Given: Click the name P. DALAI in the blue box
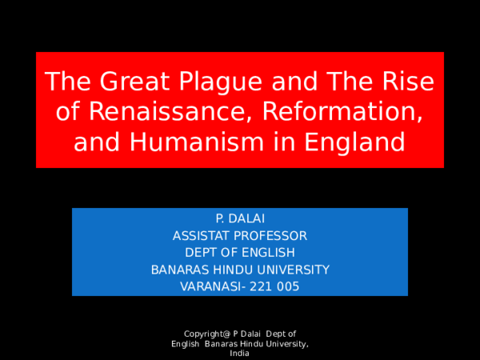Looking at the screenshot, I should (x=240, y=218).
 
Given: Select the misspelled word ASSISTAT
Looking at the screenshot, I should (x=201, y=235).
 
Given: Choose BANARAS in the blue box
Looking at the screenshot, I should (x=178, y=270).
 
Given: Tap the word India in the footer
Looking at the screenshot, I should (x=240, y=353).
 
